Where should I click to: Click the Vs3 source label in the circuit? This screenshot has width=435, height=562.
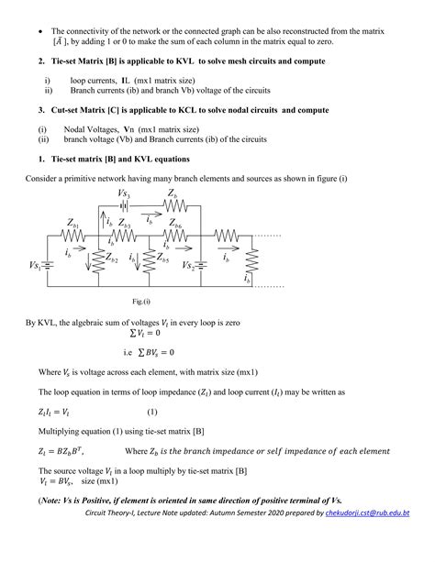click(125, 195)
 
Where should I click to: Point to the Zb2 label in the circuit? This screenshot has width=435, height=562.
click(111, 260)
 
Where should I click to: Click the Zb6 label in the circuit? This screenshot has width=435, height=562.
click(175, 225)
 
